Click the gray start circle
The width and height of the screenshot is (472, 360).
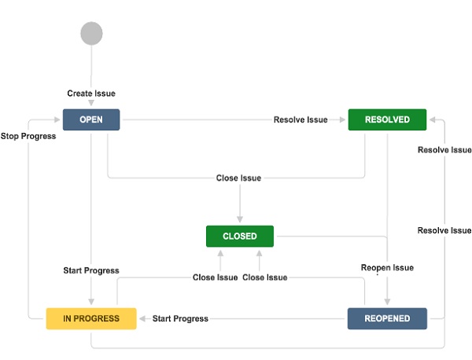91,33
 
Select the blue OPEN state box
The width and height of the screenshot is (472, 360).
91,119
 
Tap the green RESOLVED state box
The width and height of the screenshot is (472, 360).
387,119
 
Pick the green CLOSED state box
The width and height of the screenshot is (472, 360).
240,236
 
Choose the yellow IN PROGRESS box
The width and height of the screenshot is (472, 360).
91,318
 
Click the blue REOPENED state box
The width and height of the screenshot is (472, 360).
387,318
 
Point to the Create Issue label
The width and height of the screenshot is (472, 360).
91,94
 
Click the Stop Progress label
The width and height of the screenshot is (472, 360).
28,136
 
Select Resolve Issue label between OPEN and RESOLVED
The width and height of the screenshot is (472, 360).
300,119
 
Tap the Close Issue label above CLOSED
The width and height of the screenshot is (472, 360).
238,178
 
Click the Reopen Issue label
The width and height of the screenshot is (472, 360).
387,267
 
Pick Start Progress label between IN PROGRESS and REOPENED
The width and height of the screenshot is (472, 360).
180,318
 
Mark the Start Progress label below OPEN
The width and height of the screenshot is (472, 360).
91,270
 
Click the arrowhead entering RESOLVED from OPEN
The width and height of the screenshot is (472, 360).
344,119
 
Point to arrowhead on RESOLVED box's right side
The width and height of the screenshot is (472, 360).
432,119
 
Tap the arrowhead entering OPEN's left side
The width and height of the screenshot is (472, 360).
58,119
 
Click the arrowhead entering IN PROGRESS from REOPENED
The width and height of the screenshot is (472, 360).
141,318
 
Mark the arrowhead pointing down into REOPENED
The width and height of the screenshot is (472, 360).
387,303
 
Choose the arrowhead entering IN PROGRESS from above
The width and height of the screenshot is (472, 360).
91,303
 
